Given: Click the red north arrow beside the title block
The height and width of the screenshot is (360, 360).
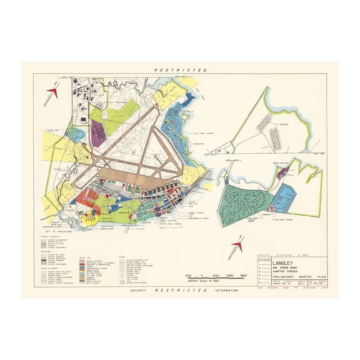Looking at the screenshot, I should [x=238, y=246].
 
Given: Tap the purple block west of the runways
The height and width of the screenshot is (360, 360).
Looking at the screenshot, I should [x=98, y=132].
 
